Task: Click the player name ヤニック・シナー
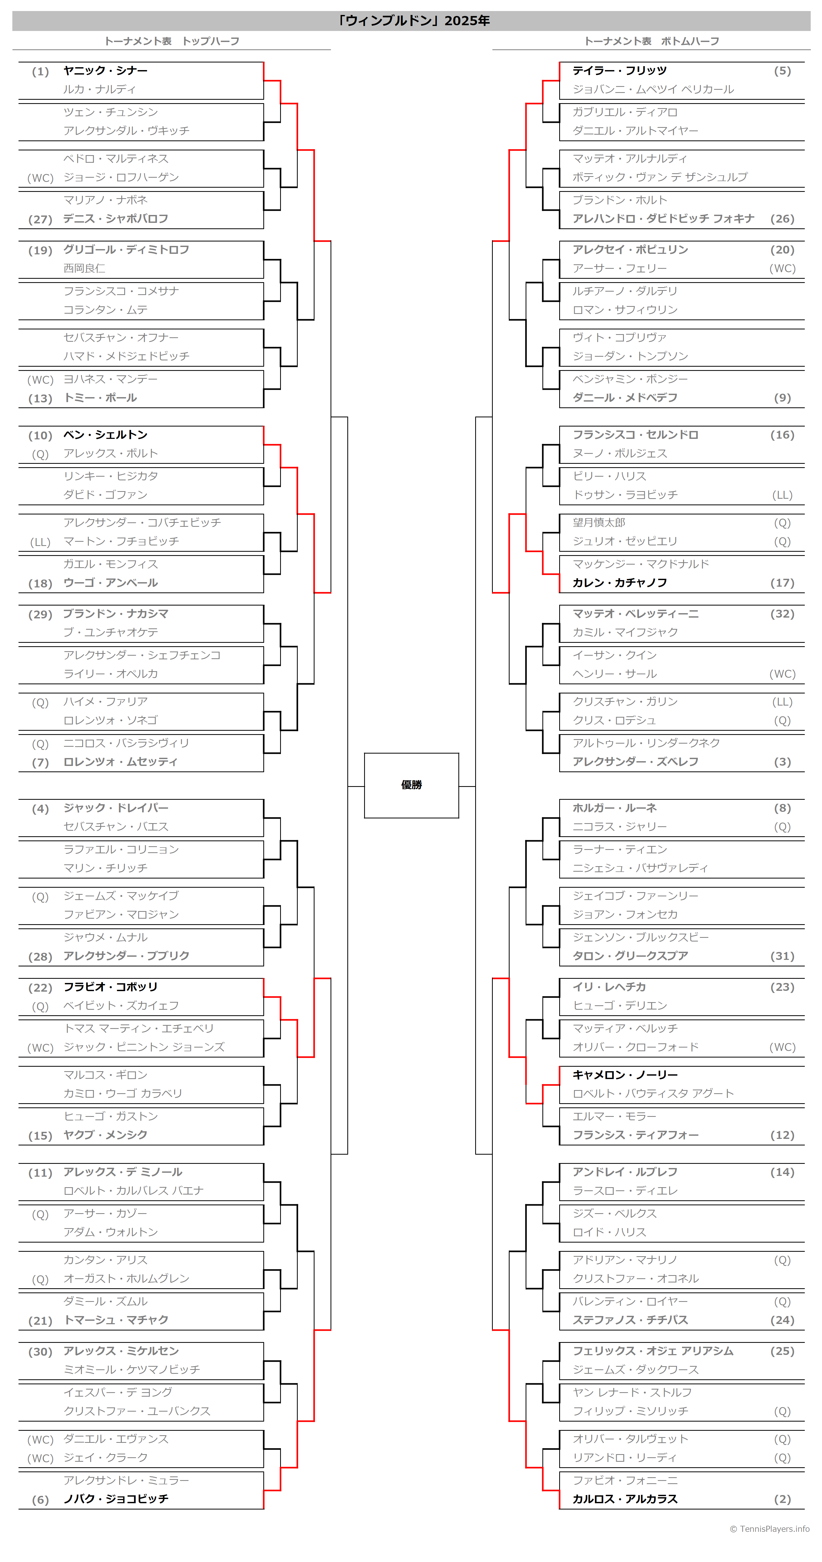pyautogui.click(x=106, y=70)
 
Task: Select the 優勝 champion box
pyautogui.click(x=411, y=785)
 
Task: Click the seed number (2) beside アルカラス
pyautogui.click(x=782, y=1499)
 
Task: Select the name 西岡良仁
pyautogui.click(x=84, y=268)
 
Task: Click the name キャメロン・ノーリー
pyautogui.click(x=625, y=1075)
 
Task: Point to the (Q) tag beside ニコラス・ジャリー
pyautogui.click(x=782, y=827)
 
